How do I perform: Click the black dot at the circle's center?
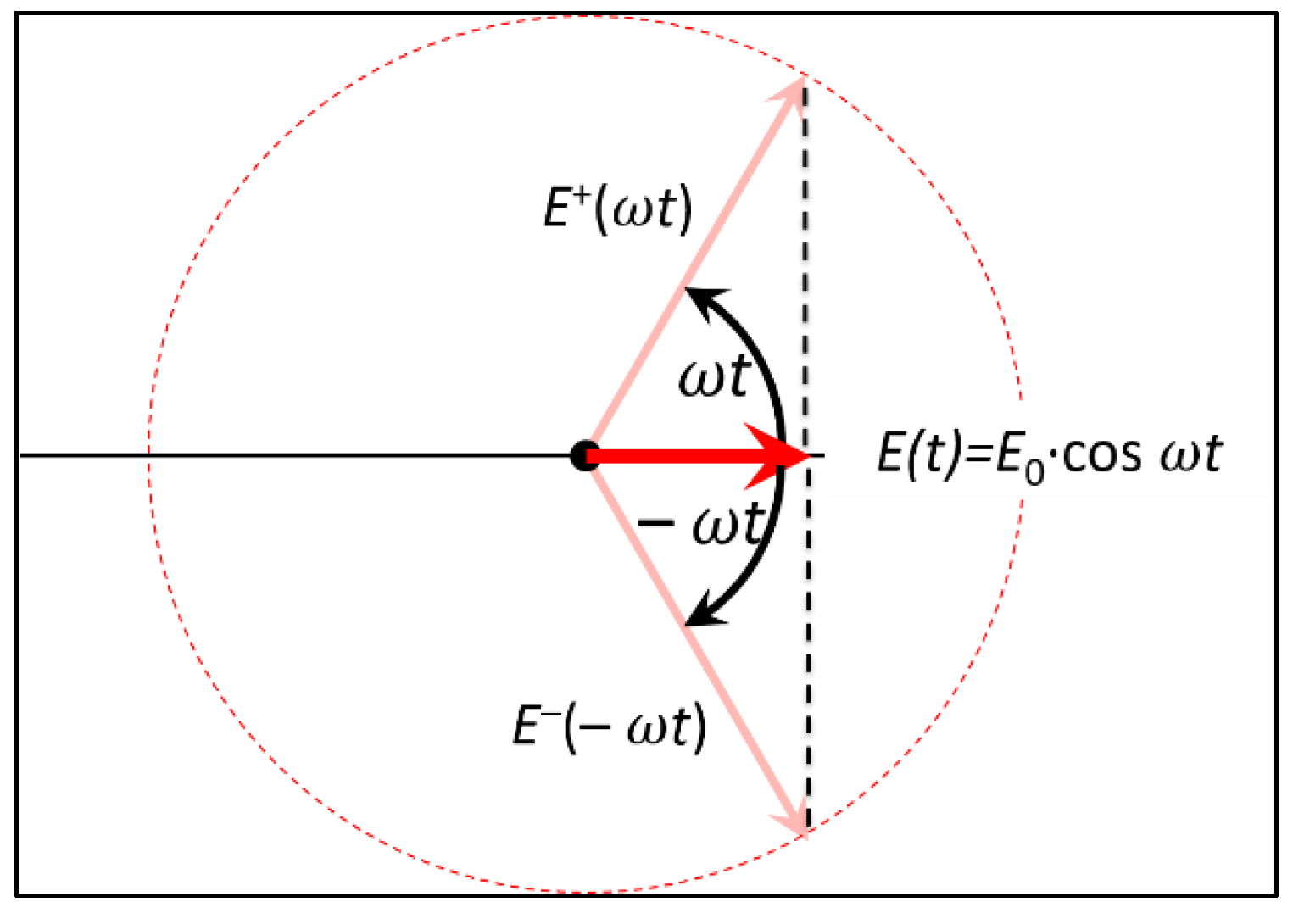583,455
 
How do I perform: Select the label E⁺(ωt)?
617,209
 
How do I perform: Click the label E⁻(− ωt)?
609,727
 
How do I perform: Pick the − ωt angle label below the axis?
701,524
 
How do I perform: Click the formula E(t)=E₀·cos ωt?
1049,455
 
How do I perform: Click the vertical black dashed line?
805,254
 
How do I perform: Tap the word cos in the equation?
1102,455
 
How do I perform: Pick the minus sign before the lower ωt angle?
655,523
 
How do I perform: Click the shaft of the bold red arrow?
670,456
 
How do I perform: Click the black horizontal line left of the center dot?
297,455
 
